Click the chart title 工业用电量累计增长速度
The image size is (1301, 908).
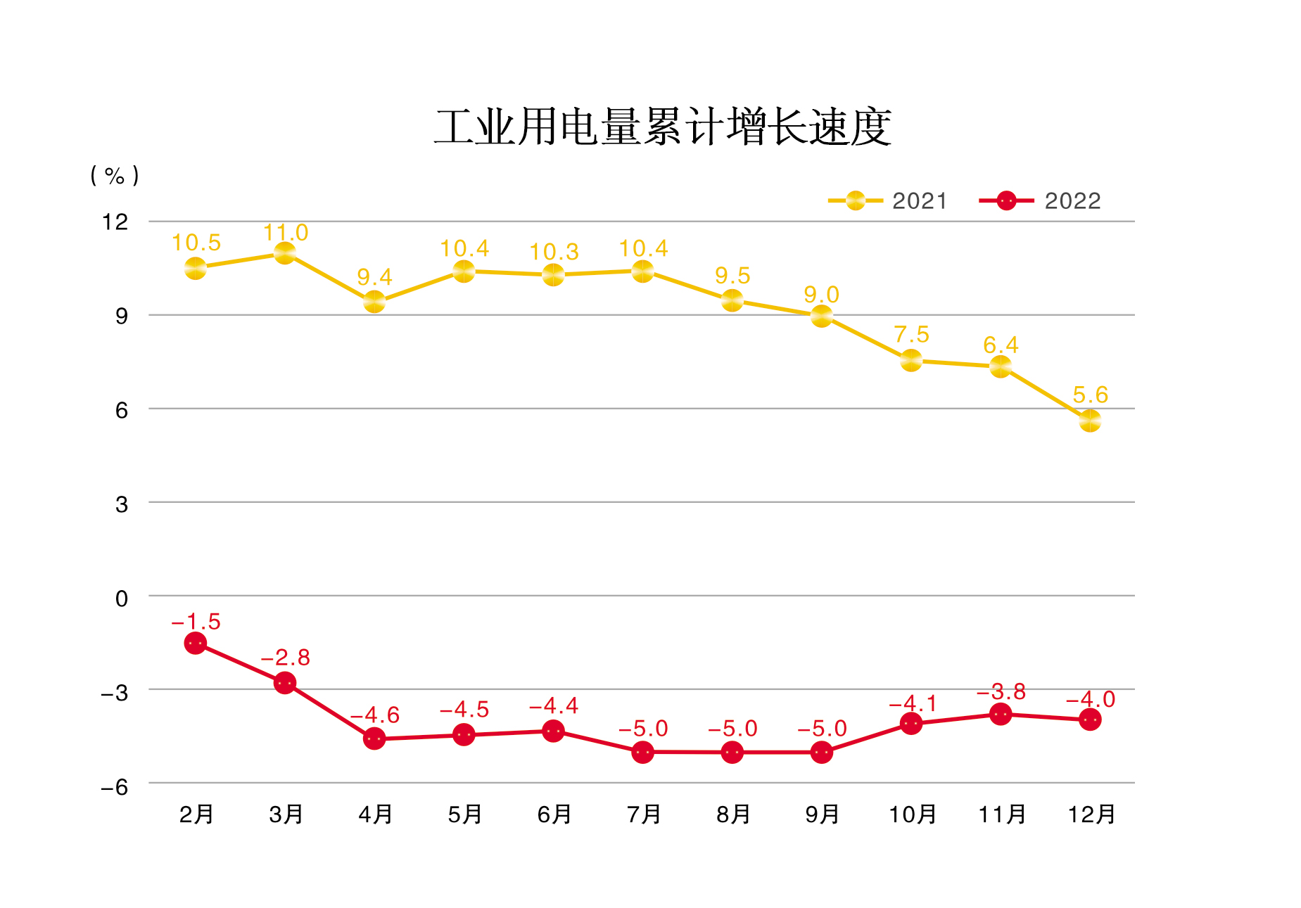click(x=662, y=127)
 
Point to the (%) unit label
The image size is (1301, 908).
click(x=115, y=175)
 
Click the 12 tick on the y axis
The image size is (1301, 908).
click(x=115, y=222)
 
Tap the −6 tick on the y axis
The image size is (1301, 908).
click(x=115, y=786)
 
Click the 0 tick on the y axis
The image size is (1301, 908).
click(x=121, y=599)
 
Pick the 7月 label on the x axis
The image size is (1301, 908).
click(x=643, y=814)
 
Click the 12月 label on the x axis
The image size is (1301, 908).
click(x=1091, y=814)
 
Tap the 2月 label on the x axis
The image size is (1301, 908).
click(x=196, y=814)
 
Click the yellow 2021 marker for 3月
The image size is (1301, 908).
click(x=285, y=253)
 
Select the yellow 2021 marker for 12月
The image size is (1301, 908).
click(x=1090, y=421)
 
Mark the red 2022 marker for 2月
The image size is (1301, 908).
click(x=196, y=643)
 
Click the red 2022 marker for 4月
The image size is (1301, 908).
click(x=374, y=738)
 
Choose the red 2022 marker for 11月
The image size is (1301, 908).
click(x=1001, y=715)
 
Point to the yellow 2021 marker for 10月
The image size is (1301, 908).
click(x=911, y=361)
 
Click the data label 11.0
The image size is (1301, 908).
click(x=285, y=232)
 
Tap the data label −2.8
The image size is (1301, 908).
click(x=285, y=657)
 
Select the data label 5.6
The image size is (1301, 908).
click(x=1090, y=395)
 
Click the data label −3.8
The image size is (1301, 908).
click(x=1001, y=691)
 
